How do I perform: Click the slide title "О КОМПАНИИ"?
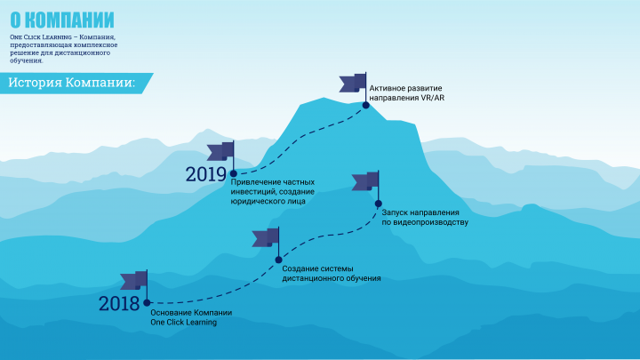[62, 20]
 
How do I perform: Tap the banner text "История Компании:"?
[72, 83]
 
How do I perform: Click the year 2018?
[119, 304]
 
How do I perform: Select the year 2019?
[206, 174]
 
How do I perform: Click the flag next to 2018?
[135, 281]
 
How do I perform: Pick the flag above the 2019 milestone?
[221, 151]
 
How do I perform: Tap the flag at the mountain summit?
[354, 83]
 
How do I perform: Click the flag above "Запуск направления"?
[366, 181]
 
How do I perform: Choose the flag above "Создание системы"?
[266, 237]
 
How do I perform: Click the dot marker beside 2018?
[147, 303]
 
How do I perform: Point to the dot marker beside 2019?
[234, 174]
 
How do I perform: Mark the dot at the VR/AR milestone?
[365, 105]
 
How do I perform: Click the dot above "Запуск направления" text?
[379, 204]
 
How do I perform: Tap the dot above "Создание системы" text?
[278, 260]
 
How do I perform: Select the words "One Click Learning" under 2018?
[184, 323]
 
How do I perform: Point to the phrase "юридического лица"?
[268, 201]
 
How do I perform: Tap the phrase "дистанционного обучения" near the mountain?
[332, 278]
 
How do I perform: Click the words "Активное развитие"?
[405, 88]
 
